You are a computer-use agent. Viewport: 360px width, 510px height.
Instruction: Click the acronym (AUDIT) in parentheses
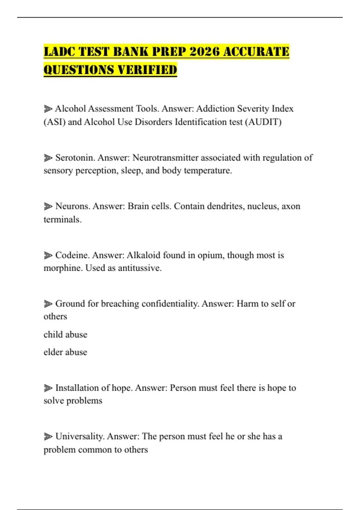tap(263, 122)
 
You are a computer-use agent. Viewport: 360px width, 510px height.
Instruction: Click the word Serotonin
tap(75, 157)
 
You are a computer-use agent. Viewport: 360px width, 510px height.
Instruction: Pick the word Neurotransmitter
tap(165, 157)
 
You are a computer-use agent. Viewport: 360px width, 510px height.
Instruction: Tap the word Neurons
tap(73, 206)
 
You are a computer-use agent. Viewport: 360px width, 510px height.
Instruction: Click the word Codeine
tap(72, 255)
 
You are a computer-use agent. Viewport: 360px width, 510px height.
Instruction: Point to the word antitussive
tap(139, 268)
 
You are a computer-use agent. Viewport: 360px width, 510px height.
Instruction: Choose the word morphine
tap(63, 268)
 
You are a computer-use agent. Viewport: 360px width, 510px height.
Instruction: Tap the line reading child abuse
tap(65, 334)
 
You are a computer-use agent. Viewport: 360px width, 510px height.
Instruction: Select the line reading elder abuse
tap(65, 352)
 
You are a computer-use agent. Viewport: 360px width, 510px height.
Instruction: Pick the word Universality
tap(80, 436)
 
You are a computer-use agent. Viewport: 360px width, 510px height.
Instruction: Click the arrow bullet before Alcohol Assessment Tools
tap(48, 109)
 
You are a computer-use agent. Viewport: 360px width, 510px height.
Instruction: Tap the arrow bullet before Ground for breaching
tap(48, 304)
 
